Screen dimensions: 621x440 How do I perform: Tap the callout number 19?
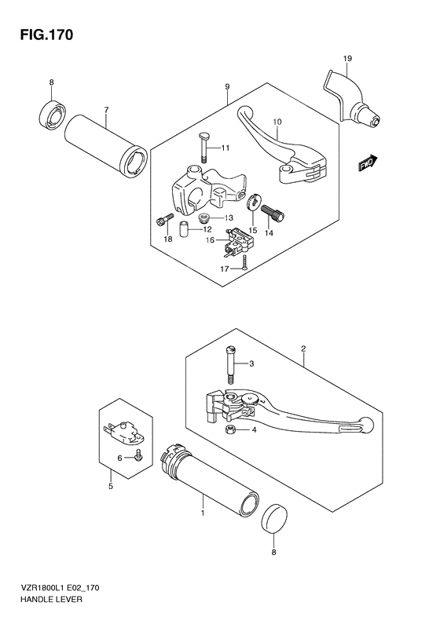pyautogui.click(x=346, y=59)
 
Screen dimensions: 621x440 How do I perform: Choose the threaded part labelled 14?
pyautogui.click(x=277, y=211)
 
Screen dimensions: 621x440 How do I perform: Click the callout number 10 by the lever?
pyautogui.click(x=276, y=122)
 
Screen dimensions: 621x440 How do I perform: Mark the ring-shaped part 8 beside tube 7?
pyautogui.click(x=52, y=115)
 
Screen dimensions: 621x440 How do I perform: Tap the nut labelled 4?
pyautogui.click(x=233, y=429)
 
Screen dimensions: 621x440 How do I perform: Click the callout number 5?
pyautogui.click(x=110, y=487)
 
